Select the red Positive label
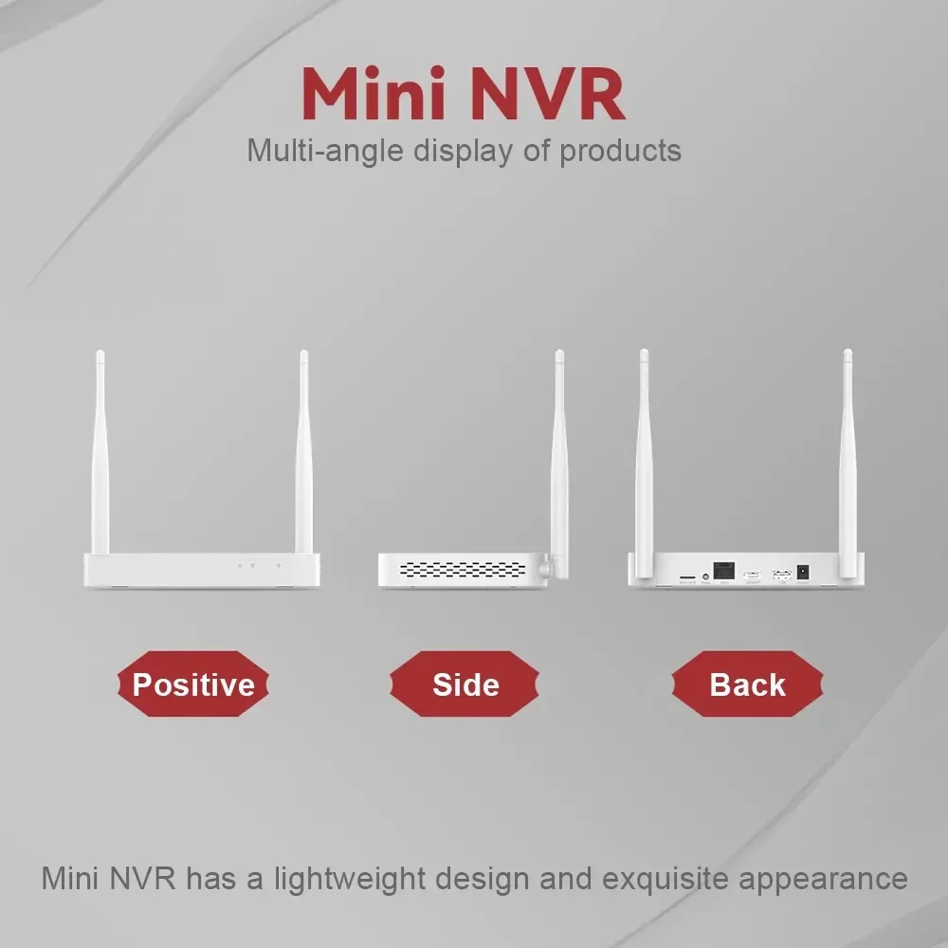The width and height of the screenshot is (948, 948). coord(192,684)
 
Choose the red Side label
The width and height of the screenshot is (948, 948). coord(465,684)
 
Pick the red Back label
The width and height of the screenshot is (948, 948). coord(747,684)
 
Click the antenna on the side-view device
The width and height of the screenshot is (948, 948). coord(559,455)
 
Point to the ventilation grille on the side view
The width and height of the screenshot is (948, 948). coord(462,569)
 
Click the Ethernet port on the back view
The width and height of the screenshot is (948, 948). coord(725,572)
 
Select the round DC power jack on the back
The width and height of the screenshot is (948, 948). coord(804,573)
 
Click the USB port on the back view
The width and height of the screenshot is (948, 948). coord(782,574)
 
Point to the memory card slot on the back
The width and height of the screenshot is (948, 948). coord(684,575)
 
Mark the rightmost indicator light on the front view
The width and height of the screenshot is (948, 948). coord(278,566)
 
